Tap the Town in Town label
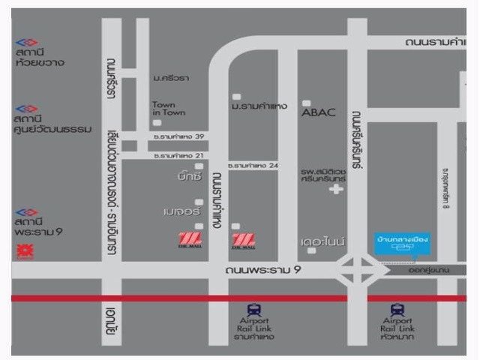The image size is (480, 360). coord(163,109)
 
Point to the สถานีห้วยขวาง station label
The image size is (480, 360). coord(40,57)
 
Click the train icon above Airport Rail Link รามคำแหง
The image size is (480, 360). coord(256,307)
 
